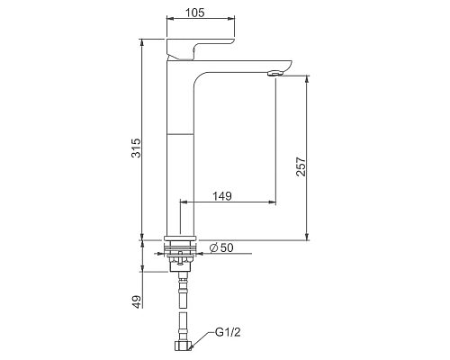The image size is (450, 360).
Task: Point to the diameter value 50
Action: point(227,248)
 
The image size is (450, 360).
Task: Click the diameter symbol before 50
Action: point(212,248)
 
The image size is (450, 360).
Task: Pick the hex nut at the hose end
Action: point(184,346)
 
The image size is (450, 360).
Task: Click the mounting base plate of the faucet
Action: point(182,241)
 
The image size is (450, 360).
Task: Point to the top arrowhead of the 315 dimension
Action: point(142,41)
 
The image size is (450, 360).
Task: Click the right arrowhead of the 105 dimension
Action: point(232,18)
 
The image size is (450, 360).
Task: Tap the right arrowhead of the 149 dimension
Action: point(273,202)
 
